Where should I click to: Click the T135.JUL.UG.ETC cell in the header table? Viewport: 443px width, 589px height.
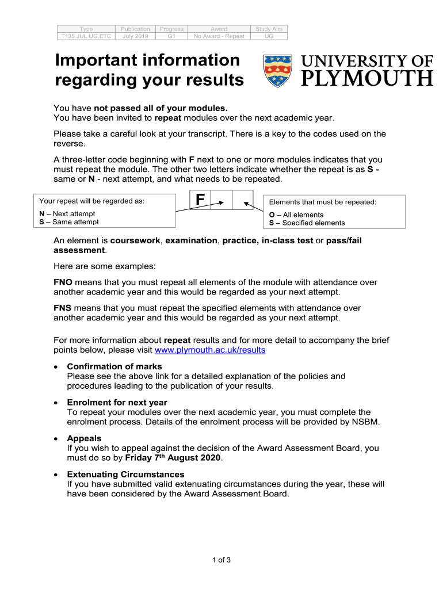point(86,36)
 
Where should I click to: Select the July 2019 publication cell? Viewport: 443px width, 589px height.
point(136,36)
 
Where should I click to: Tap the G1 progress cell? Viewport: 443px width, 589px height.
point(171,36)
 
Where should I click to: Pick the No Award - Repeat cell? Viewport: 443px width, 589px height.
point(219,36)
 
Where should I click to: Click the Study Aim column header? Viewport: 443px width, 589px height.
point(269,29)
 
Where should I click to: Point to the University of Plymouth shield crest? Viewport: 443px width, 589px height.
point(277,71)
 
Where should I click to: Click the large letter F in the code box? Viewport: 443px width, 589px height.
point(200,200)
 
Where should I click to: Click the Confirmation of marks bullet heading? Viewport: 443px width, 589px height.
point(114,366)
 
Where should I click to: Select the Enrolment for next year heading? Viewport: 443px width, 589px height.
point(117,402)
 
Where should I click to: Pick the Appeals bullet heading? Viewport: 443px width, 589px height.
point(84,438)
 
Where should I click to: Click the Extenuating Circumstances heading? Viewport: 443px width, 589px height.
point(125,474)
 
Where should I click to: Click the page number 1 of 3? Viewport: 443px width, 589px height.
point(221,560)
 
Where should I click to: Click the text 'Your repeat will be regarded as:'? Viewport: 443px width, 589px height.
point(91,201)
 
